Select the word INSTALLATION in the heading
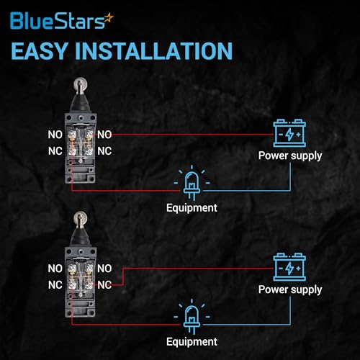[154, 51]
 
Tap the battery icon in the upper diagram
[289, 133]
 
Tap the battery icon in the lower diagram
[289, 267]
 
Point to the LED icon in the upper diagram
[192, 183]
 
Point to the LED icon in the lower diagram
[192, 317]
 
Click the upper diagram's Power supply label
[290, 156]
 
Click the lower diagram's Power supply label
[290, 290]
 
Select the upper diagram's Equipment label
[192, 208]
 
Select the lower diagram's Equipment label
[192, 342]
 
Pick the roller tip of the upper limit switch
[80, 84]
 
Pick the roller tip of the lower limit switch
[80, 218]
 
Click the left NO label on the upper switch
[55, 135]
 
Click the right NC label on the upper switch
[104, 151]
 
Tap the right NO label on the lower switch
[104, 269]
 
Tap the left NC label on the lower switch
[55, 285]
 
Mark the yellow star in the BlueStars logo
[109, 18]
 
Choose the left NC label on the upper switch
[55, 151]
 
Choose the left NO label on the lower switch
[55, 269]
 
